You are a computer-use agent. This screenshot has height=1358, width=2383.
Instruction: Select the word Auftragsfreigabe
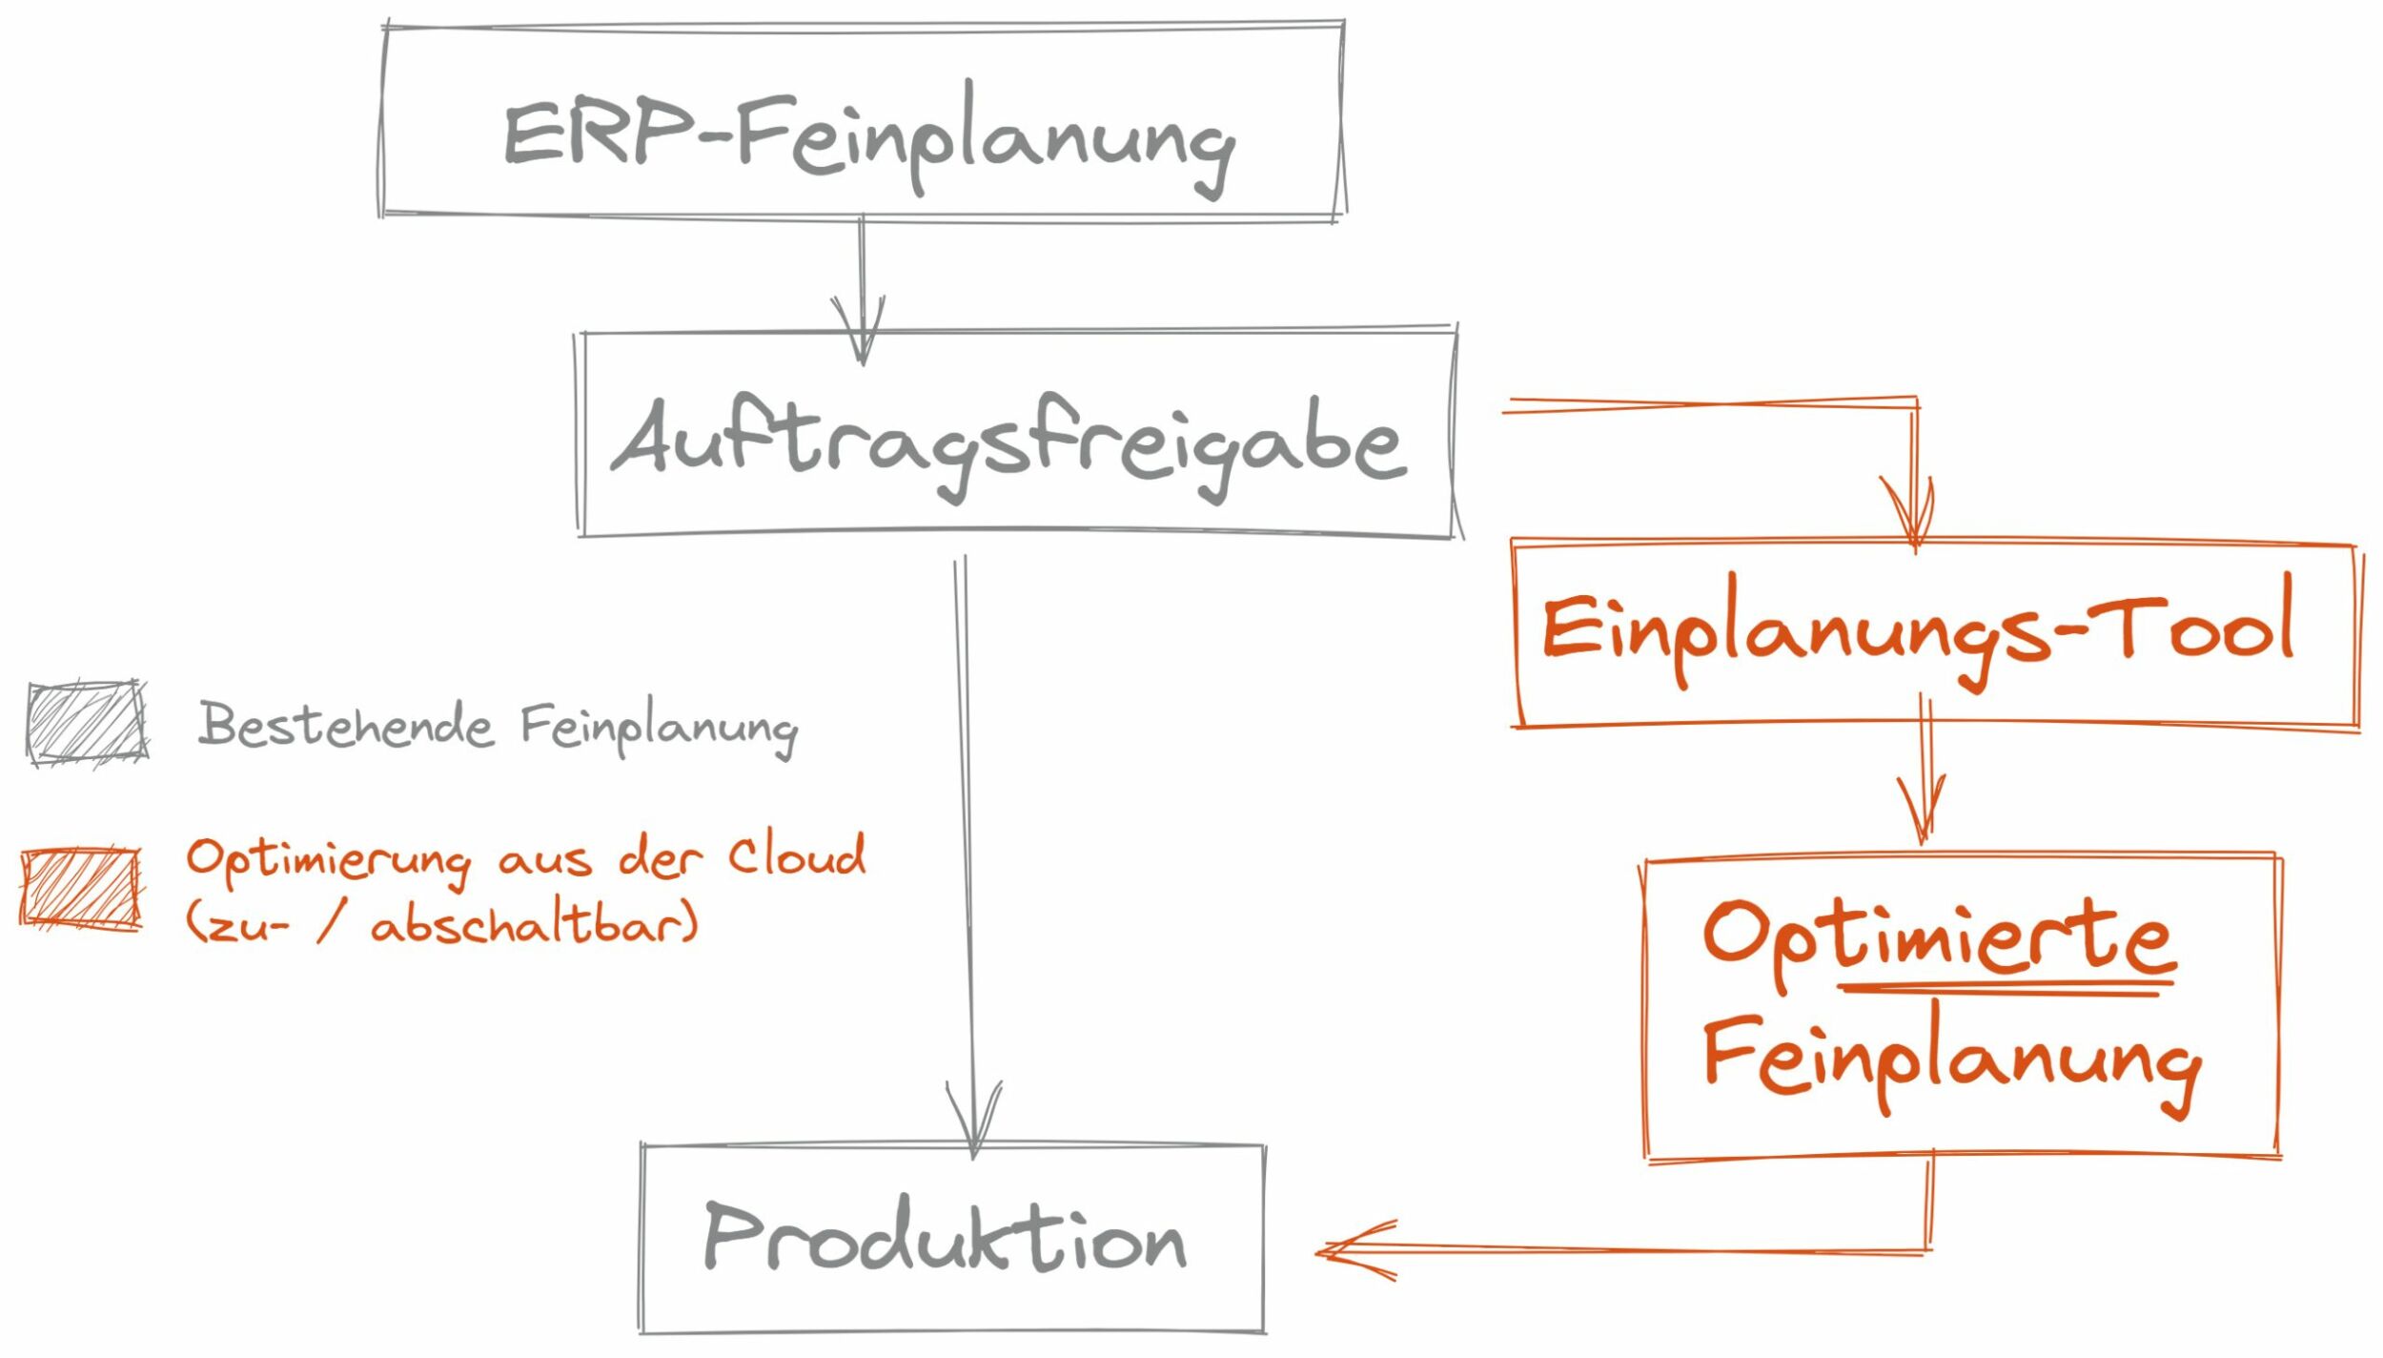[x=1008, y=443]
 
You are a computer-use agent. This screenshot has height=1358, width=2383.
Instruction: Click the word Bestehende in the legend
[x=346, y=726]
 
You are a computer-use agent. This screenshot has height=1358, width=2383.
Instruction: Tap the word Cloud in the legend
[x=797, y=855]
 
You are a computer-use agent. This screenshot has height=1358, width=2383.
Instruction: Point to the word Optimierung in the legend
[x=328, y=859]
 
